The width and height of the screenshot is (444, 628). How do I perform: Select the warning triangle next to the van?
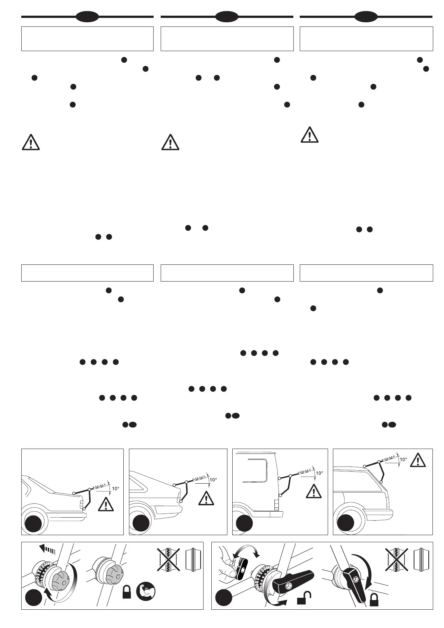(x=314, y=492)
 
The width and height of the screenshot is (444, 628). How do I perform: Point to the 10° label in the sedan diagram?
(x=115, y=488)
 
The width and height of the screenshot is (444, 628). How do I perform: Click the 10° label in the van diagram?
(x=319, y=473)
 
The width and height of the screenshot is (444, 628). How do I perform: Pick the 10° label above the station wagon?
(x=403, y=459)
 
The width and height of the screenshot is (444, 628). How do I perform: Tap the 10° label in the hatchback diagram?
(x=213, y=480)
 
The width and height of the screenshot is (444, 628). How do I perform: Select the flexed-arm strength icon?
(x=145, y=591)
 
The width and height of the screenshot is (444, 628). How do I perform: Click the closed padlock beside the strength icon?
(x=127, y=592)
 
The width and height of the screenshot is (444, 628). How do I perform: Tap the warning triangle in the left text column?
(x=31, y=142)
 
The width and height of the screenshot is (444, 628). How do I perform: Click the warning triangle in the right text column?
(x=309, y=135)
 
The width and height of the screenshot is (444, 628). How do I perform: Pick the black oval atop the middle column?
(x=227, y=16)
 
